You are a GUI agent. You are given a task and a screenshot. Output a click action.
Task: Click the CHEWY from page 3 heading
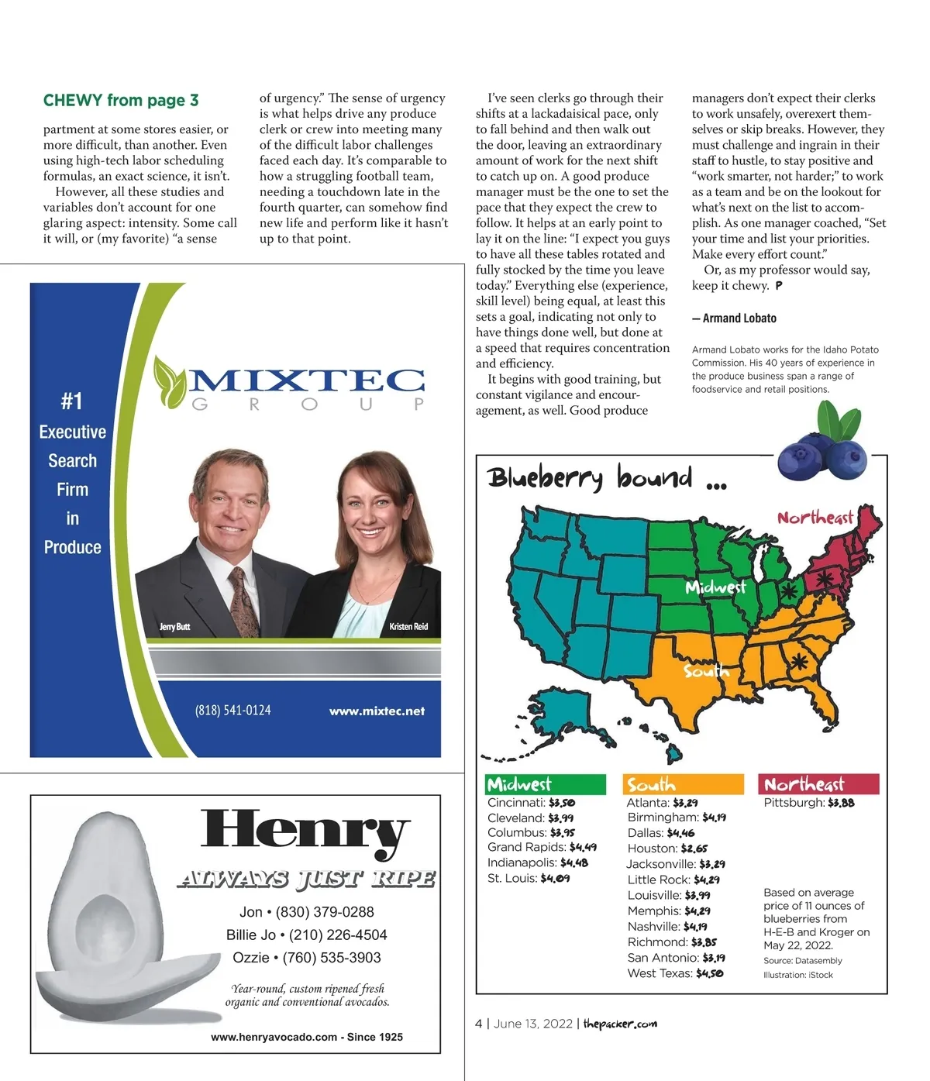[121, 101]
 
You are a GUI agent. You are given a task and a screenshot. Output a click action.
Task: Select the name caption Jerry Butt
[174, 626]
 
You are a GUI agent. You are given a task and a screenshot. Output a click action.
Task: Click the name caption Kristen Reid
[408, 626]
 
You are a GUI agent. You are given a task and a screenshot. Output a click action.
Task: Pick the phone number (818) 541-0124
[233, 710]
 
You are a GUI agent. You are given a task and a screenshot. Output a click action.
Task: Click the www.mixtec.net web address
[377, 711]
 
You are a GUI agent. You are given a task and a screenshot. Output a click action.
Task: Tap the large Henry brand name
[305, 831]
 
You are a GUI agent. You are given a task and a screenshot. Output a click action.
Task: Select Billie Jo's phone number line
[306, 935]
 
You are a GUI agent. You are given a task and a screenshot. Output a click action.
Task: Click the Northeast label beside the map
[815, 518]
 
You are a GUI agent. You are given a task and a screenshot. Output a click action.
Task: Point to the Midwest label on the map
[715, 587]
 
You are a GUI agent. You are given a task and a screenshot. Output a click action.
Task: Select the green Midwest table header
[546, 784]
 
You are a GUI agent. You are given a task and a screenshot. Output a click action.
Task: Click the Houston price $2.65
[694, 849]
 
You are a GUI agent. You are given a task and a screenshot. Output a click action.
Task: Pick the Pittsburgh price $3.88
[841, 803]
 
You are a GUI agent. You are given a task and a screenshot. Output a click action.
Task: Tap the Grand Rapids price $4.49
[583, 847]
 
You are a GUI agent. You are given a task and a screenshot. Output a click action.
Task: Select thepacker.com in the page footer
[620, 1024]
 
